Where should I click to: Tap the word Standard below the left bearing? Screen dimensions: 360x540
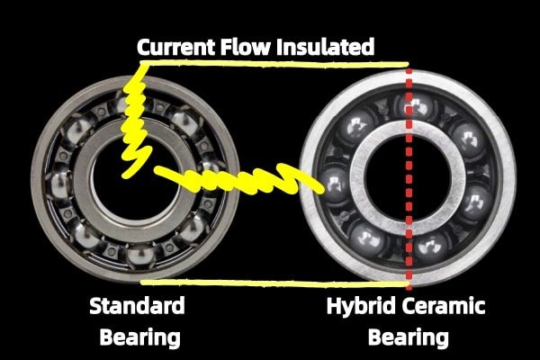pyautogui.click(x=136, y=306)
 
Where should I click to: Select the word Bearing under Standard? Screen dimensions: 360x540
pyautogui.click(x=136, y=337)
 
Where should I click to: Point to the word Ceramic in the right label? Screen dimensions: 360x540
pyautogui.click(x=444, y=306)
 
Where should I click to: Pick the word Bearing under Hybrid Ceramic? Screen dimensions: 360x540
pyautogui.click(x=409, y=337)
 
